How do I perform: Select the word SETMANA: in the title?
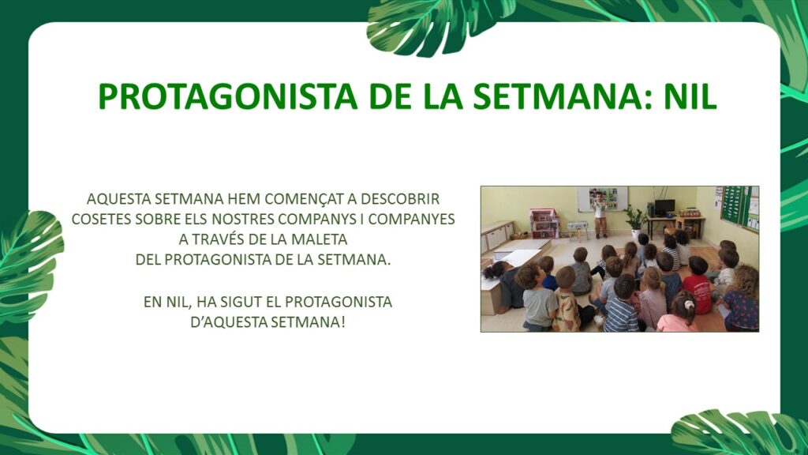pyautogui.click(x=563, y=96)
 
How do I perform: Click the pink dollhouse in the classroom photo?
pyautogui.click(x=544, y=224)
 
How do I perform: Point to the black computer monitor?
pyautogui.click(x=664, y=207)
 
